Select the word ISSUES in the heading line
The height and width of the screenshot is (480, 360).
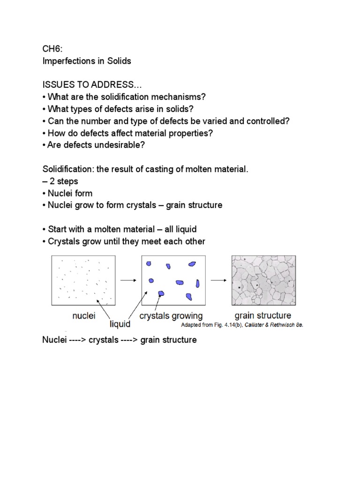pos(57,85)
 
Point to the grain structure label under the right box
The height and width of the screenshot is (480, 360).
pos(262,315)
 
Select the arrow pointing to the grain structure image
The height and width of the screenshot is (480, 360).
pos(217,280)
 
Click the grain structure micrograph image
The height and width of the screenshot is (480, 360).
pos(263,280)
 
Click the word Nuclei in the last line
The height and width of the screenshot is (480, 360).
pos(55,340)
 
